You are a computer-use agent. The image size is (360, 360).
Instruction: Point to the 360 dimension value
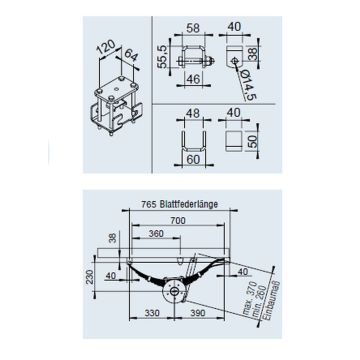pyautogui.click(x=156, y=233)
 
